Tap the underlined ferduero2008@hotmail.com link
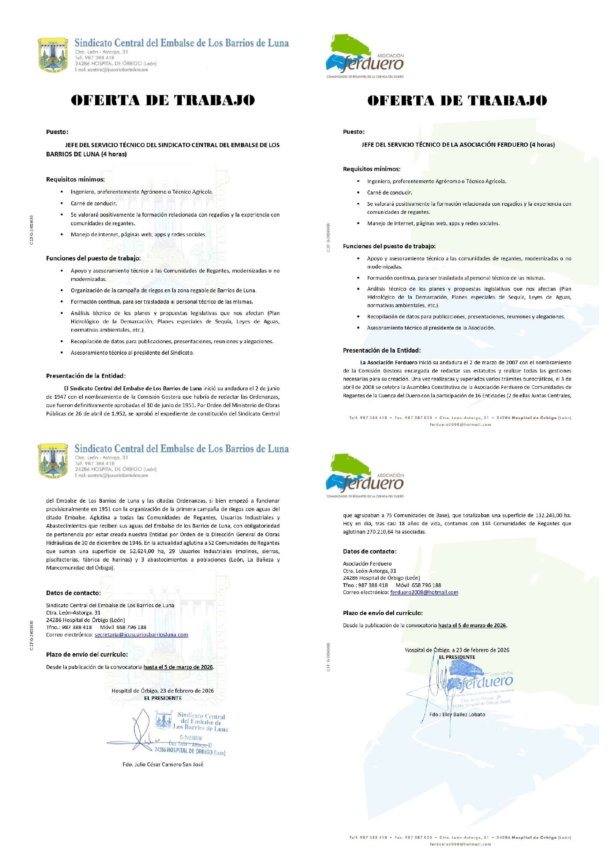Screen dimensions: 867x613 click(x=424, y=592)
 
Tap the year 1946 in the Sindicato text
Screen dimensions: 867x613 click(x=133, y=543)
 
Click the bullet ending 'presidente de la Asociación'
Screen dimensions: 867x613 click(x=431, y=328)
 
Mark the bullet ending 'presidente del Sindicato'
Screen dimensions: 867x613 click(x=132, y=353)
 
